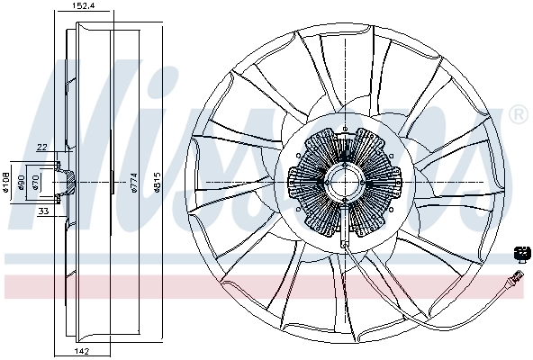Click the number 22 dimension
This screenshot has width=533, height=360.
click(41, 148)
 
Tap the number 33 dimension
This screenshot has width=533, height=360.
click(43, 212)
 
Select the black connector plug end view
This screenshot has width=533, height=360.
click(520, 253)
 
